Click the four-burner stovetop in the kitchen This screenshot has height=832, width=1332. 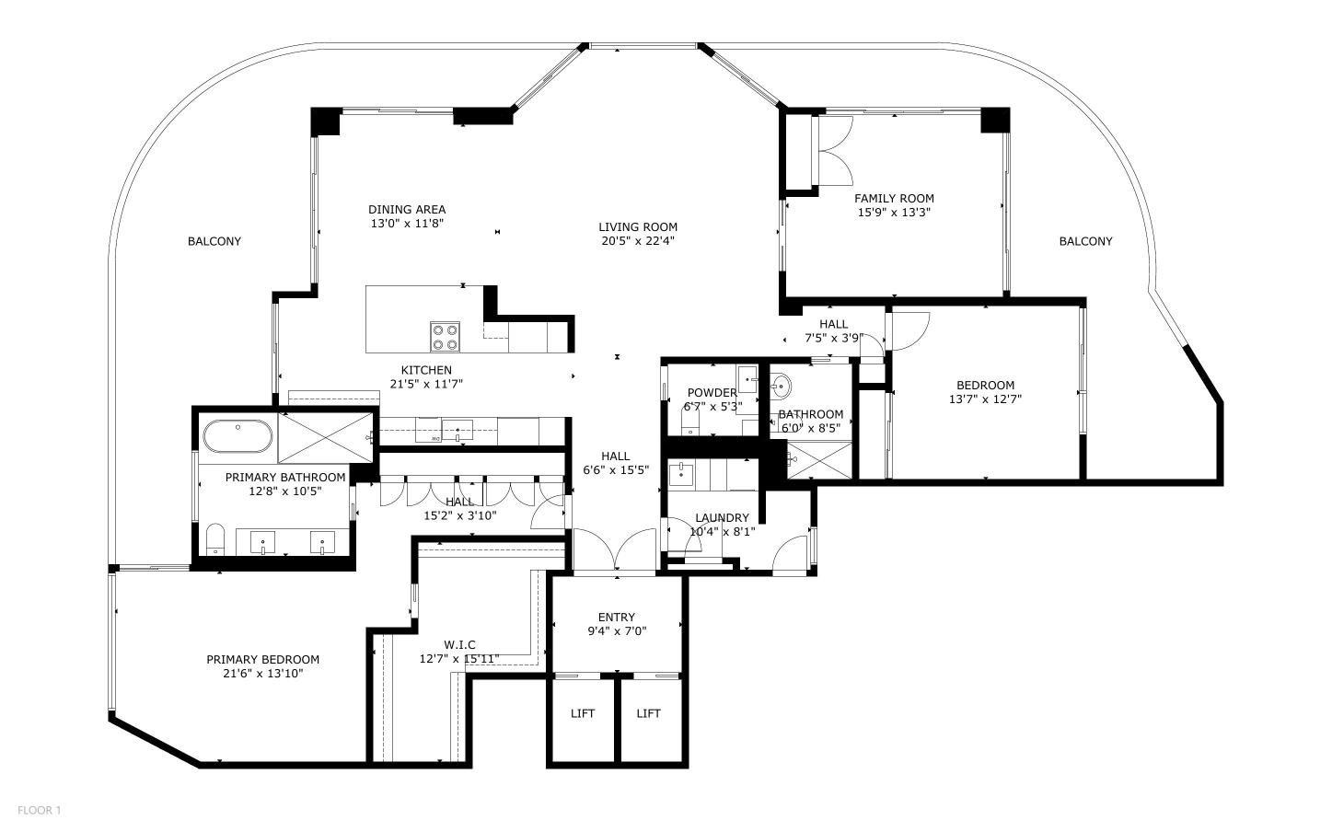[446, 337]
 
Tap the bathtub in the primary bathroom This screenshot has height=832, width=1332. [237, 436]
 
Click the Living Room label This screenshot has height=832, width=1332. [638, 227]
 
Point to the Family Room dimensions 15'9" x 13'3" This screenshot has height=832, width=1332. [894, 213]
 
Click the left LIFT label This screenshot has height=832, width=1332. [583, 713]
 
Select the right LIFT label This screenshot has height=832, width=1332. [648, 713]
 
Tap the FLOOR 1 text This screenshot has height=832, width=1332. [39, 811]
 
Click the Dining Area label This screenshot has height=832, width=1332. [407, 210]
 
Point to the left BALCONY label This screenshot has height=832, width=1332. [214, 241]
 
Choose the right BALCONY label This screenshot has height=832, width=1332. [1085, 241]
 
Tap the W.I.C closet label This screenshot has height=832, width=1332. [459, 644]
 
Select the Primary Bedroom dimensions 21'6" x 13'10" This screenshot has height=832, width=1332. [262, 674]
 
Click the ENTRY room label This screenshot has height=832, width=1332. [616, 618]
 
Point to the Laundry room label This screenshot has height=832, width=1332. [722, 518]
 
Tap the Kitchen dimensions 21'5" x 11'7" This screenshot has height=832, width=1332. [425, 385]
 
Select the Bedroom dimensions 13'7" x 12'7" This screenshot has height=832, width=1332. [985, 399]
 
